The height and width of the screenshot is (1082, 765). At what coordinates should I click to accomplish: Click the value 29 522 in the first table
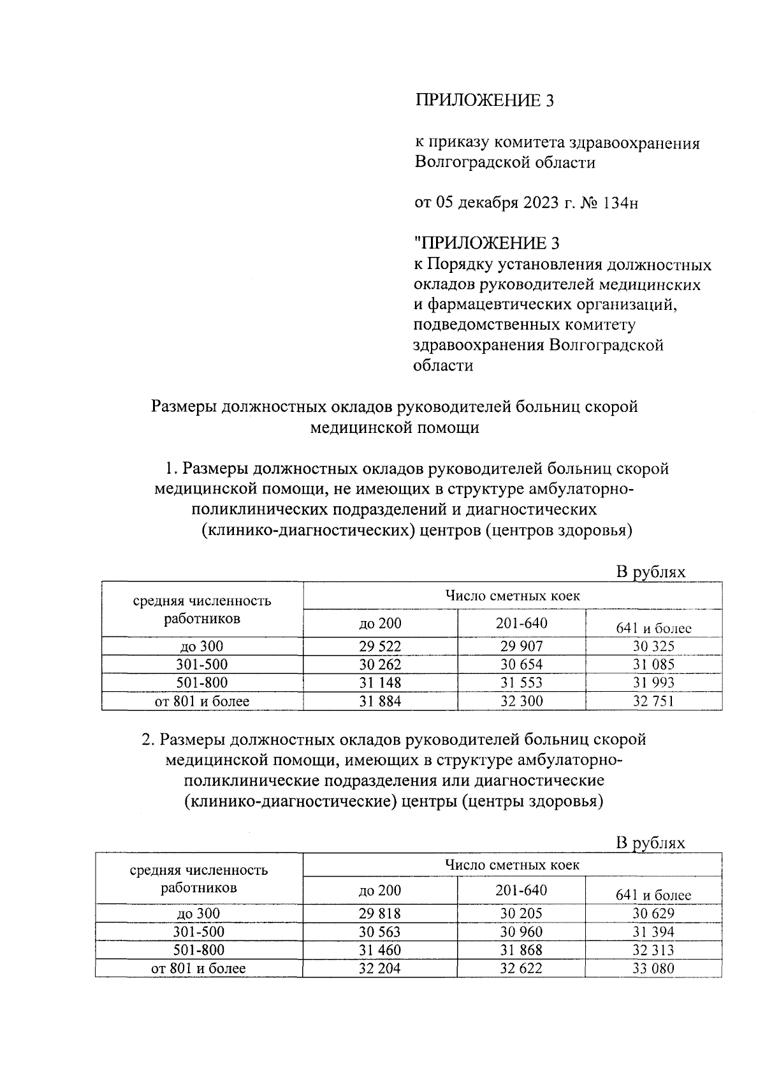point(380,646)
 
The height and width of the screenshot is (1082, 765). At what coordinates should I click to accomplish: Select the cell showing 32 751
point(653,701)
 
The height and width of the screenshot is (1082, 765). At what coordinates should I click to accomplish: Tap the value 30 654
point(521,664)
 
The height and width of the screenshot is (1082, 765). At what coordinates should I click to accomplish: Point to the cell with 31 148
point(380,683)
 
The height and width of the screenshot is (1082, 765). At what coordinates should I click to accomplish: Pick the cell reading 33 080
point(653,969)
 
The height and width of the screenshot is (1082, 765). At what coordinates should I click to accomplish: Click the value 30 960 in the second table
point(521,932)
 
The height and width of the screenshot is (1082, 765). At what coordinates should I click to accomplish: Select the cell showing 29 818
point(380,913)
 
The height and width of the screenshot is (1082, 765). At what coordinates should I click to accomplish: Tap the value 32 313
point(653,950)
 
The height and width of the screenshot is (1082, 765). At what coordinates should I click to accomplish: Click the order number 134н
point(619,203)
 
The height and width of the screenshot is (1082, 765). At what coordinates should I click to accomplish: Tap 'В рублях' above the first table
point(650,572)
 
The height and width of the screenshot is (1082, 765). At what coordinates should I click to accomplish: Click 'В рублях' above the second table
point(650,843)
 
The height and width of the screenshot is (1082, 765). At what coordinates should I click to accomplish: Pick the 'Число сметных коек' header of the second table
point(512,865)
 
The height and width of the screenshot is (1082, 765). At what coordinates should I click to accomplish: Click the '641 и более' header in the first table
point(653,628)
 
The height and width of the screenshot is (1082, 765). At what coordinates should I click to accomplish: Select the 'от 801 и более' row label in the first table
point(202,701)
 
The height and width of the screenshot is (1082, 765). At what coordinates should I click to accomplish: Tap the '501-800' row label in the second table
point(199,950)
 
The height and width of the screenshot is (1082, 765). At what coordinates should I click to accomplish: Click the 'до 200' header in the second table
point(380,891)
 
